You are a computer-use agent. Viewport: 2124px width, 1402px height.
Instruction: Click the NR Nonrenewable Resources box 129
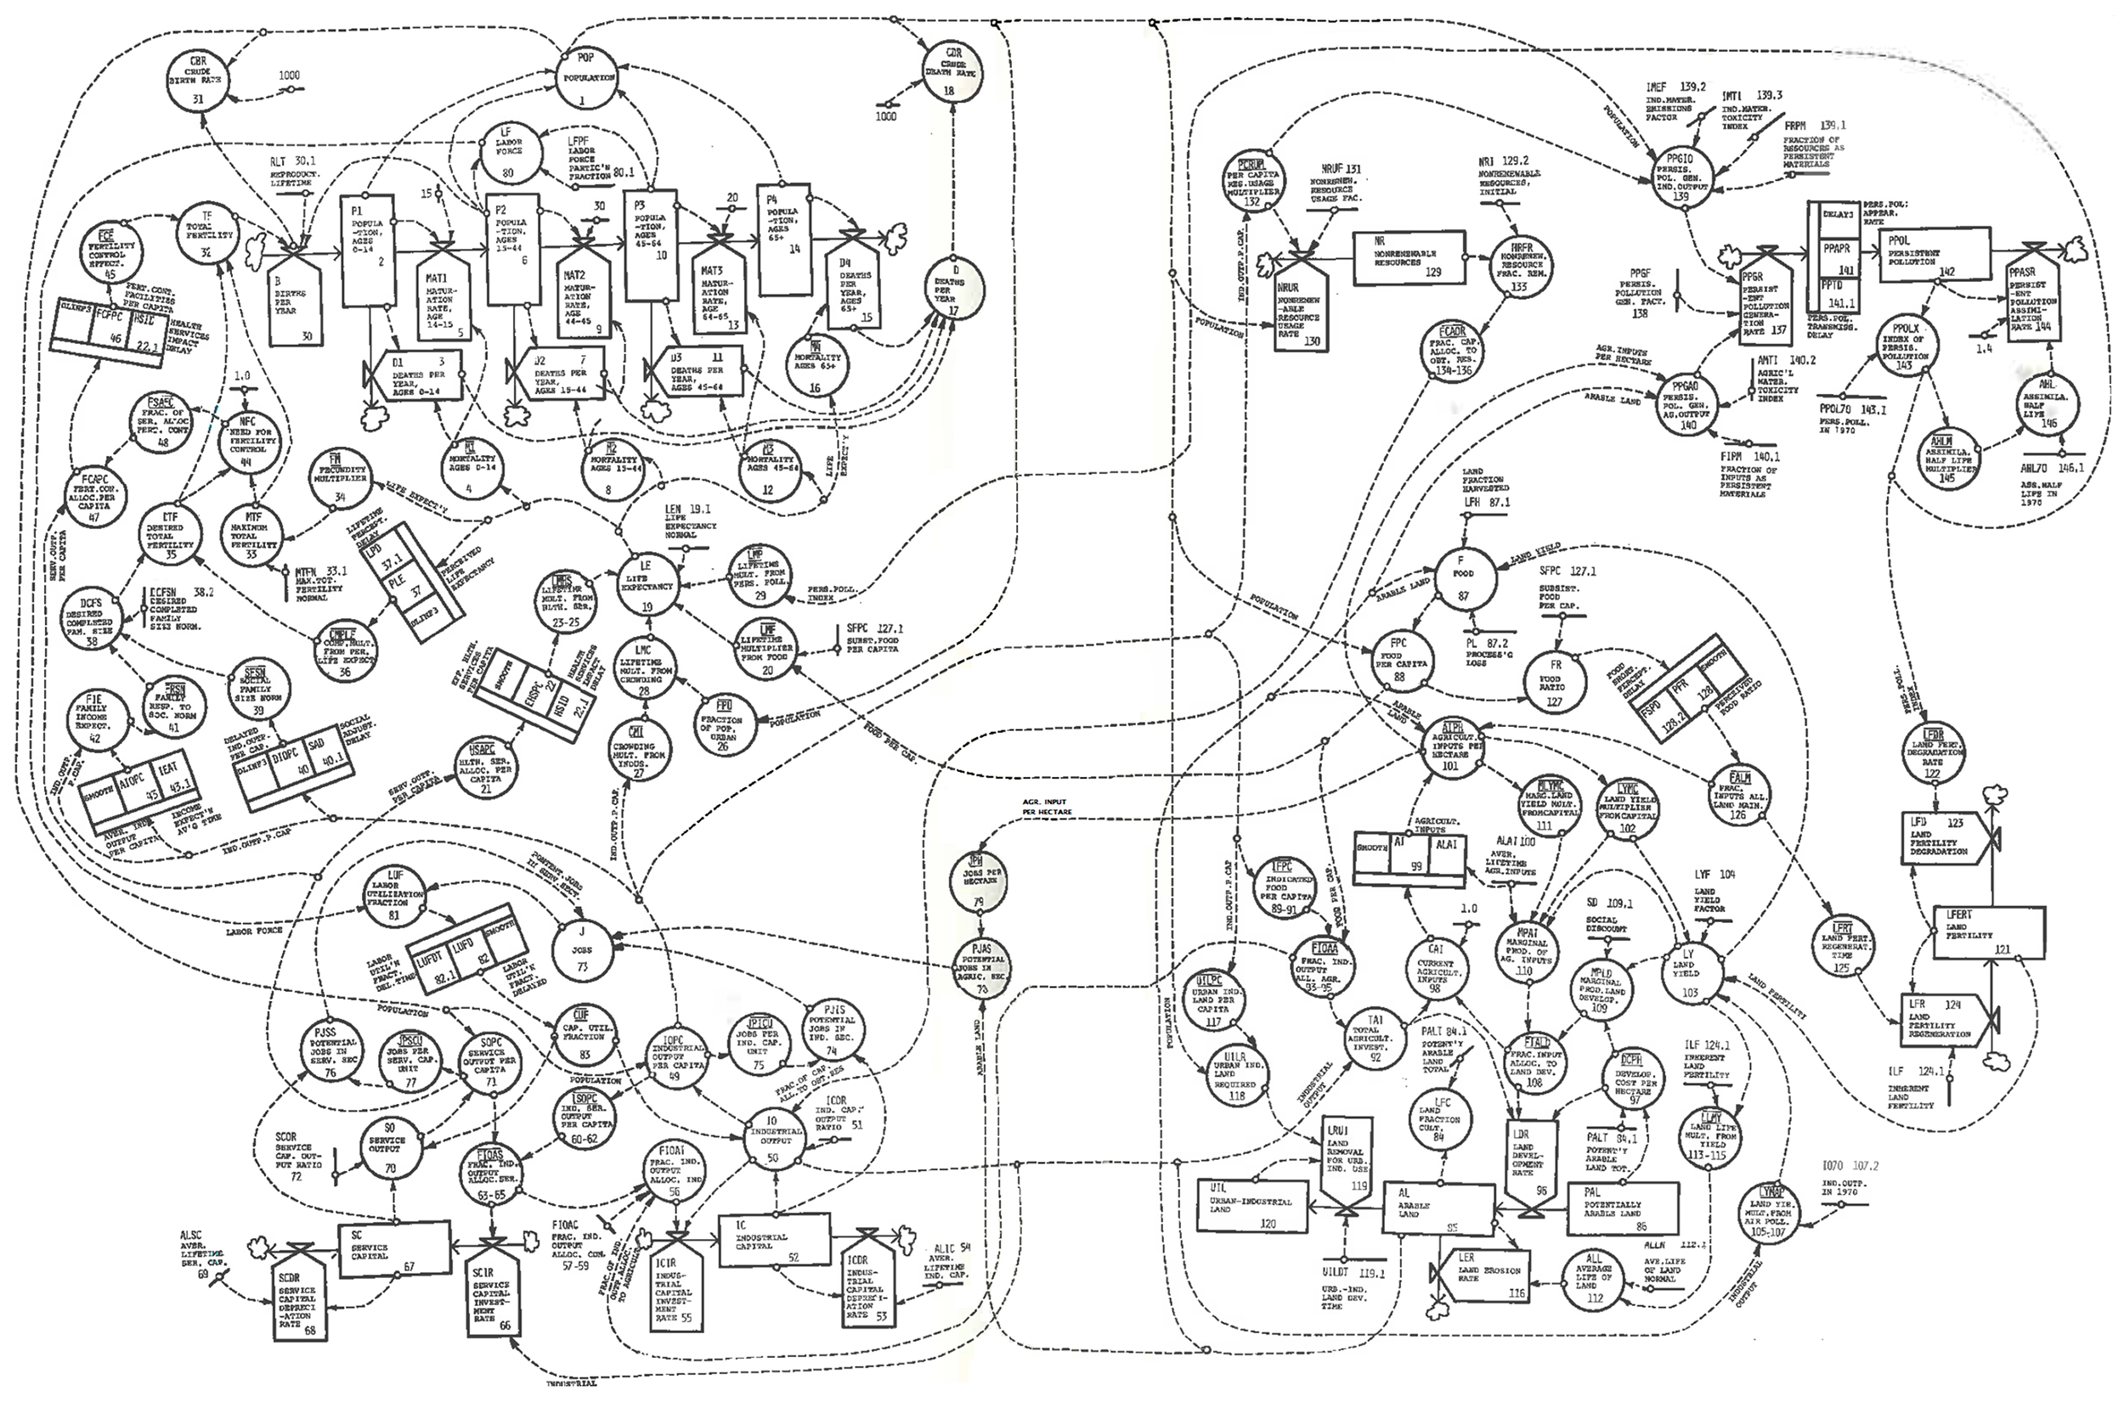tap(1408, 259)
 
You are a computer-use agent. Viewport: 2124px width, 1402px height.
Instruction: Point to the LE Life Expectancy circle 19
tap(647, 586)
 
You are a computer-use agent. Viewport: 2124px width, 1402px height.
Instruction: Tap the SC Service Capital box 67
tap(393, 1248)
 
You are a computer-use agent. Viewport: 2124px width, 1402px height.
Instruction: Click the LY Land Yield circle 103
tap(1689, 974)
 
